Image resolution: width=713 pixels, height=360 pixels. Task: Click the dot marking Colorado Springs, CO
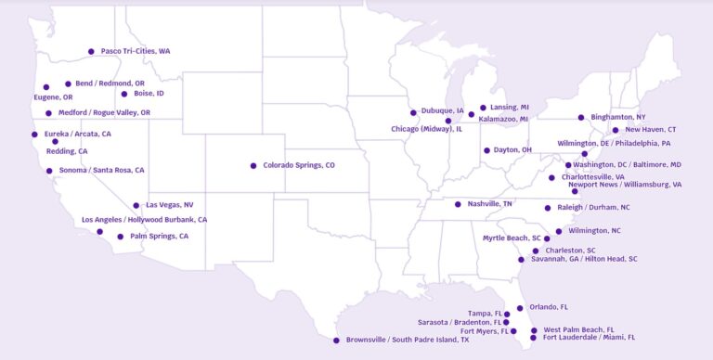pyautogui.click(x=253, y=166)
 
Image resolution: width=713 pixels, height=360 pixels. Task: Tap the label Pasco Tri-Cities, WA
pyautogui.click(x=136, y=51)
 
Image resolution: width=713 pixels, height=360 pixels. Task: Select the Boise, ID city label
pyautogui.click(x=149, y=94)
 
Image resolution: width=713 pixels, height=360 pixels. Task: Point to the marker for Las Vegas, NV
pyautogui.click(x=136, y=205)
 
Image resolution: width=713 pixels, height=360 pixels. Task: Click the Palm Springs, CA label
pyautogui.click(x=159, y=237)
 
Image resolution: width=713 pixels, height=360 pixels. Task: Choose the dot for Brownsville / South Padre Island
pyautogui.click(x=336, y=341)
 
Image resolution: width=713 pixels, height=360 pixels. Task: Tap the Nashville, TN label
pyautogui.click(x=489, y=204)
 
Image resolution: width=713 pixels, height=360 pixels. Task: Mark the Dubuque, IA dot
pyautogui.click(x=414, y=113)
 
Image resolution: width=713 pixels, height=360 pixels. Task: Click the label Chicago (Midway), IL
pyautogui.click(x=426, y=129)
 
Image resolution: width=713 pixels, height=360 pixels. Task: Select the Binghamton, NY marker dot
pyautogui.click(x=581, y=118)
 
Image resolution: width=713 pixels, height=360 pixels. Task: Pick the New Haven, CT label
pyautogui.click(x=651, y=130)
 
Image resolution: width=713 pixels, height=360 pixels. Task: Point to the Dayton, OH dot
pyautogui.click(x=486, y=150)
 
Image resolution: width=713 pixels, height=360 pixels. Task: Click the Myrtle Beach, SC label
pyautogui.click(x=512, y=238)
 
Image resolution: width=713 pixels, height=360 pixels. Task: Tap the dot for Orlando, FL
pyautogui.click(x=520, y=308)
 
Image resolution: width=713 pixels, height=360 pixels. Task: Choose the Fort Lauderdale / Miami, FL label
pyautogui.click(x=590, y=338)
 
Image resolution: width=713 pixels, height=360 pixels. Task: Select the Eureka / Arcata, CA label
pyautogui.click(x=78, y=135)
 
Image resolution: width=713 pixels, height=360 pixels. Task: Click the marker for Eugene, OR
pyautogui.click(x=46, y=87)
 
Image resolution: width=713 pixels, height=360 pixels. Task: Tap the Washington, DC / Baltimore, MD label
pyautogui.click(x=627, y=165)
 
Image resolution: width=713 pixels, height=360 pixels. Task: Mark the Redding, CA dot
pyautogui.click(x=55, y=142)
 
